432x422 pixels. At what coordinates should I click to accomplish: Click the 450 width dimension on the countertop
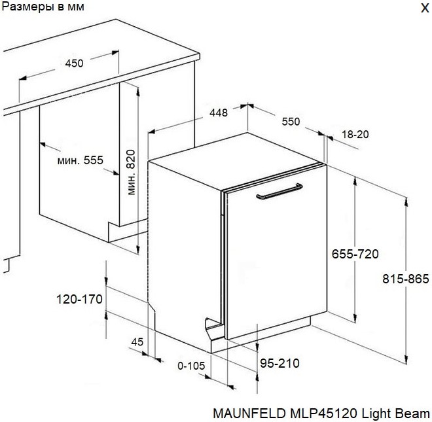click(74, 63)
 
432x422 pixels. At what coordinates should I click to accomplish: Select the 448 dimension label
click(219, 113)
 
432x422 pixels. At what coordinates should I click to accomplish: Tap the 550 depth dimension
click(291, 122)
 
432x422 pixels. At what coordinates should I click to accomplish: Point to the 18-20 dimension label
click(355, 134)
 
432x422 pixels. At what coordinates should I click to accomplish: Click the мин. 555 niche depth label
click(80, 160)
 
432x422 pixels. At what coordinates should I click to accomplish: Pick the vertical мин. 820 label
click(131, 172)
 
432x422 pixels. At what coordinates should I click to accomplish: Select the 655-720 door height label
click(355, 254)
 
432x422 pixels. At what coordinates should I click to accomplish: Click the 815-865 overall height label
click(406, 279)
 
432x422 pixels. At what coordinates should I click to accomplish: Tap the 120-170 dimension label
click(79, 299)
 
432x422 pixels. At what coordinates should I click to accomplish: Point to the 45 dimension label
click(137, 342)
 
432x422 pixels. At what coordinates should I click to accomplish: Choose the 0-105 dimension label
click(191, 366)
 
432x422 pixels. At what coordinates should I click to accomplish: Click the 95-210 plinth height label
click(279, 363)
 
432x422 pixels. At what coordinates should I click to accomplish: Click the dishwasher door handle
click(279, 192)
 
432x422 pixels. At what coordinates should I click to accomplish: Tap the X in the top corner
click(425, 8)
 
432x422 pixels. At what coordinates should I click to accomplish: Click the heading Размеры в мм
click(43, 7)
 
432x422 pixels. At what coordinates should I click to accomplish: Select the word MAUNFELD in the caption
click(249, 413)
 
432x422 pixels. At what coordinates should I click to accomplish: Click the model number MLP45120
click(324, 413)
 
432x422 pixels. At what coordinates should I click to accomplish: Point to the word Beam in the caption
click(412, 413)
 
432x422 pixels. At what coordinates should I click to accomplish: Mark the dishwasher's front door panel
click(276, 252)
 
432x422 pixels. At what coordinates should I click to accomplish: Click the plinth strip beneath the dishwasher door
click(261, 334)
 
